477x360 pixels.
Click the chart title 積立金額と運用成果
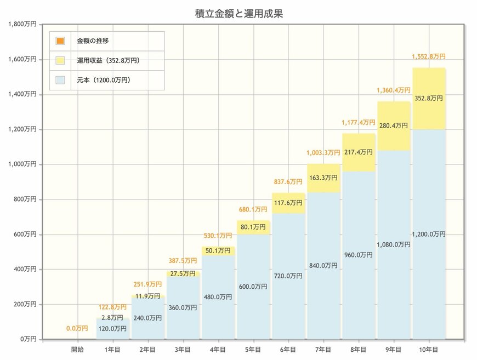238,13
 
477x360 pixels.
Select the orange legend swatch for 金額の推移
60,41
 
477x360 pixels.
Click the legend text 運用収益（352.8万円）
107,60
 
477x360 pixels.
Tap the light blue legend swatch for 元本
60,80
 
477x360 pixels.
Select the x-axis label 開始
78,348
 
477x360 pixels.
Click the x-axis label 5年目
253,348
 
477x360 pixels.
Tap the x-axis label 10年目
429,348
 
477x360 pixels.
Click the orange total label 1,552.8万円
429,56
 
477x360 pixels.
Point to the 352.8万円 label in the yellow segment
429,99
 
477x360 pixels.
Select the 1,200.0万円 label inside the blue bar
429,234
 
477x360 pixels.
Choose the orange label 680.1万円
253,209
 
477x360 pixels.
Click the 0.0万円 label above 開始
77,328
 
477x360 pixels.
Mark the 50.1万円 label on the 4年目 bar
218,250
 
